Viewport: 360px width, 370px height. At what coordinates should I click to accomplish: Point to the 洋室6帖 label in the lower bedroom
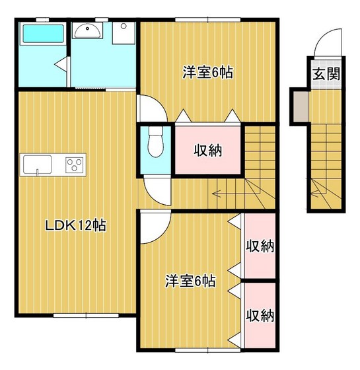tap(190, 281)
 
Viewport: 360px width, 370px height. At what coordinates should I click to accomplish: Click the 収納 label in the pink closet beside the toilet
tap(207, 150)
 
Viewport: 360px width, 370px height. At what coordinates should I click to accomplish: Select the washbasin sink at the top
tap(87, 30)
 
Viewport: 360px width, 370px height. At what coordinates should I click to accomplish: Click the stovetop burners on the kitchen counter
tap(74, 164)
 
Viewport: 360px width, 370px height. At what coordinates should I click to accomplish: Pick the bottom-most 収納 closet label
tap(260, 315)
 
